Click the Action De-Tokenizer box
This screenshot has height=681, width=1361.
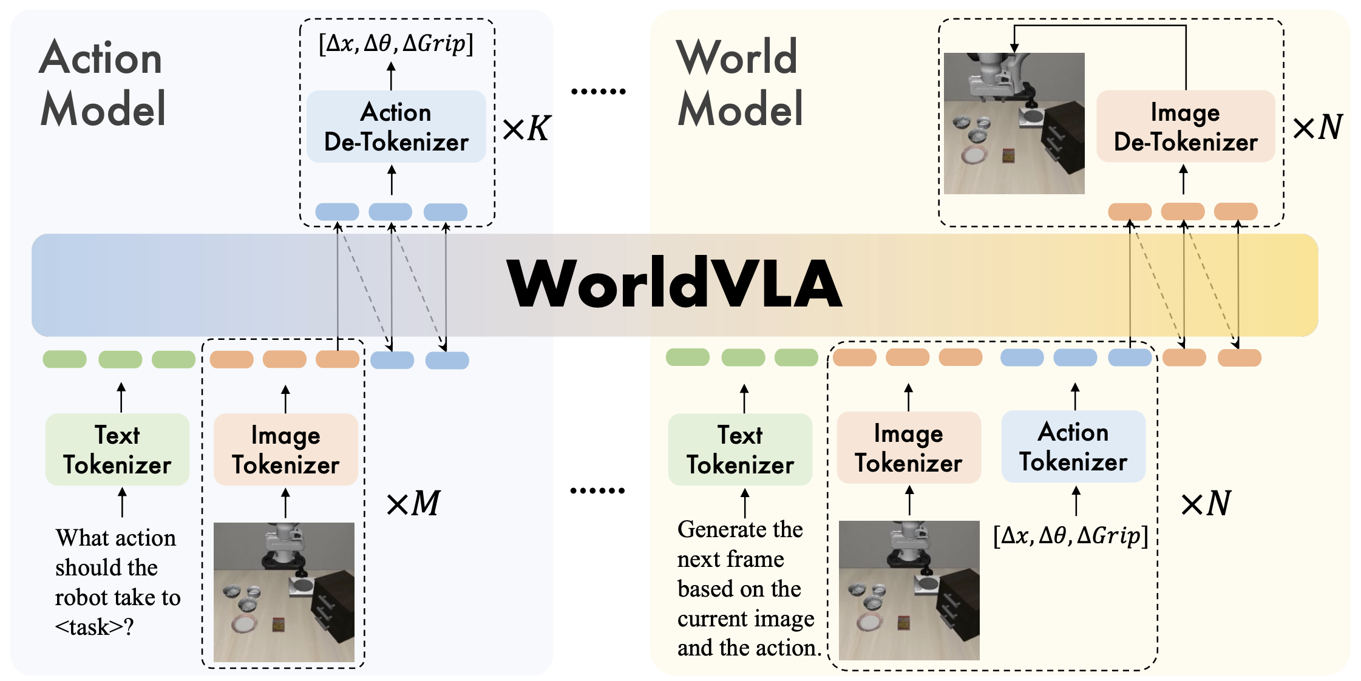click(396, 126)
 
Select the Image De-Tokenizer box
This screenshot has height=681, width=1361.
click(1185, 126)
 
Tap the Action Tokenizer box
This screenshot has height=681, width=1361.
click(1073, 447)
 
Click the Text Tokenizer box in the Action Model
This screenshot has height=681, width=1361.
click(117, 450)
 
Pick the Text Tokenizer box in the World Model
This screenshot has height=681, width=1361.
click(740, 450)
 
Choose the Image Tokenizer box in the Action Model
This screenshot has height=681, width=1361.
click(285, 450)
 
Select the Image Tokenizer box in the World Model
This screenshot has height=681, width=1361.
click(908, 448)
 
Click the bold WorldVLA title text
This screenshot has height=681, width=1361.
click(674, 284)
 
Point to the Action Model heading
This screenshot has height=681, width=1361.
click(102, 83)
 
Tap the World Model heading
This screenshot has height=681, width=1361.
click(739, 83)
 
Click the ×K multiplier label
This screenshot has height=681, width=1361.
click(526, 129)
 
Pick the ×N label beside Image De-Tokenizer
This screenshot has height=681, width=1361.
click(1317, 127)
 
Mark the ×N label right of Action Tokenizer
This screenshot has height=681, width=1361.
click(1205, 504)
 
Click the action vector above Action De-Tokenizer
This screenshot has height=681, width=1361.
click(396, 44)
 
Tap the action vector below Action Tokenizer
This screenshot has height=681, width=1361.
click(1071, 535)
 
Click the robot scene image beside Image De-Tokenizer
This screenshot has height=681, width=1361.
click(1014, 123)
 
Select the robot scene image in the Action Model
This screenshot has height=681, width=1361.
click(283, 592)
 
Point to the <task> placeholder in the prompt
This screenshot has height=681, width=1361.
click(89, 627)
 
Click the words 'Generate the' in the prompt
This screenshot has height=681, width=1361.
click(740, 529)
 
